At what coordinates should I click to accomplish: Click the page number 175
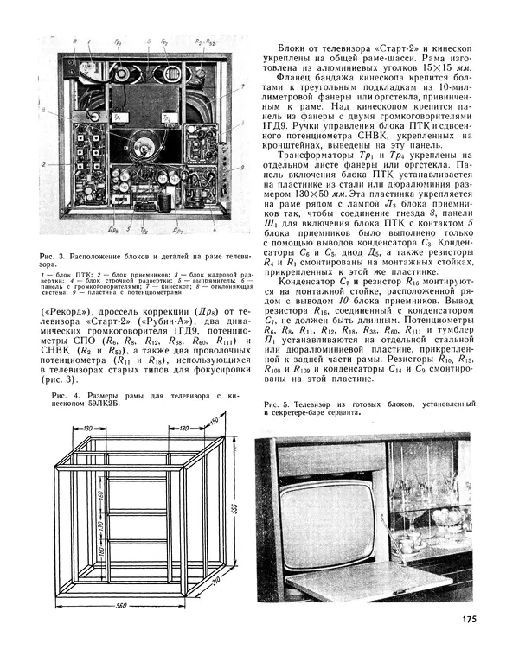[x=468, y=618]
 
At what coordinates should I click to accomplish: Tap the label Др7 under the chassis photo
[x=177, y=230]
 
